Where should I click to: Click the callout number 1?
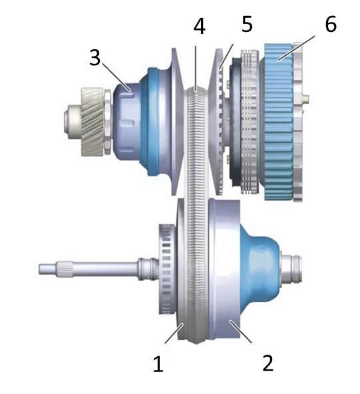point(158,363)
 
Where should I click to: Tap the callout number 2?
point(268,363)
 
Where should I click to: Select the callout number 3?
point(95,57)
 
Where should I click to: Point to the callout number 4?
point(200,26)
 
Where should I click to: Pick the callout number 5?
point(247,24)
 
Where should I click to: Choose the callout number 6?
point(331,24)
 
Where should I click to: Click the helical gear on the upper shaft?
point(92,122)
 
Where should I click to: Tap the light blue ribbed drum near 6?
point(279,122)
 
